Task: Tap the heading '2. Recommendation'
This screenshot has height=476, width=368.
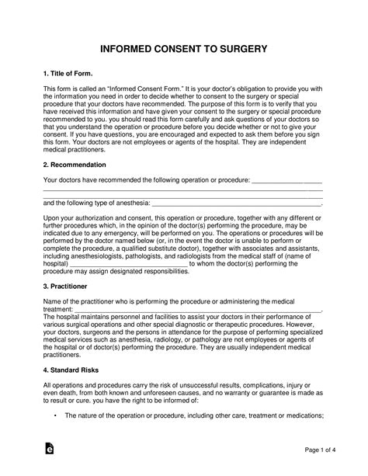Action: (75, 165)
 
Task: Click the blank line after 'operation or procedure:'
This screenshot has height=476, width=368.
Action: (287, 181)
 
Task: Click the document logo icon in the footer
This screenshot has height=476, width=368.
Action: (49, 450)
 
